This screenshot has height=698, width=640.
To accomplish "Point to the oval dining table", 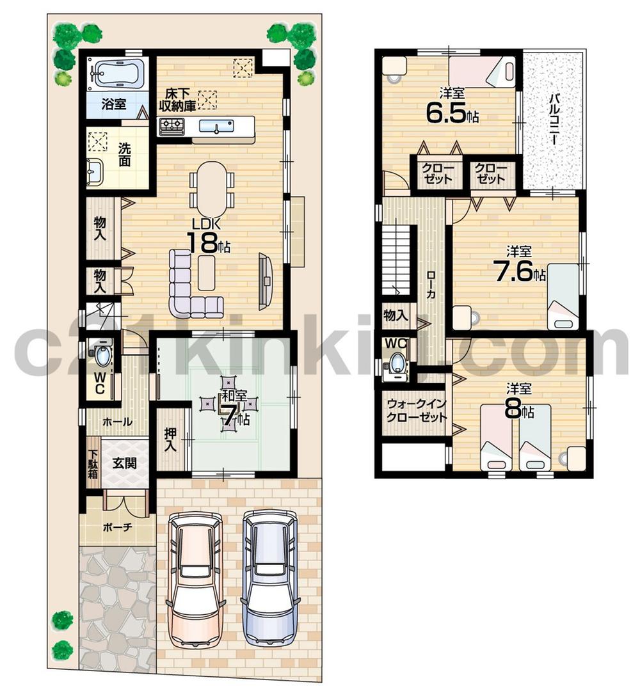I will pyautogui.click(x=212, y=189).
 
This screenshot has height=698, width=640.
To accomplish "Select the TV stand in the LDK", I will pyautogui.click(x=265, y=281).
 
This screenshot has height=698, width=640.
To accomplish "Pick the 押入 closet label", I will pyautogui.click(x=170, y=440).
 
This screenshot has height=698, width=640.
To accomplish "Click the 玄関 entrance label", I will pyautogui.click(x=125, y=463).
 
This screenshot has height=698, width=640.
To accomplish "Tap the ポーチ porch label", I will pyautogui.click(x=116, y=528).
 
